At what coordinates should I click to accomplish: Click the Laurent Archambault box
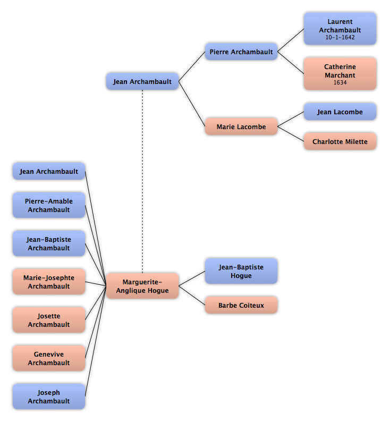(340, 29)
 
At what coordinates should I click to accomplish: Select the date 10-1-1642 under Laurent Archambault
(340, 37)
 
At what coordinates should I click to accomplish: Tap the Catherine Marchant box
(340, 73)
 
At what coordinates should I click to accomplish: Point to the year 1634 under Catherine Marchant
(340, 82)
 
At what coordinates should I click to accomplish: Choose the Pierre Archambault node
(241, 52)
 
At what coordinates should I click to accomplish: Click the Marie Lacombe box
(241, 126)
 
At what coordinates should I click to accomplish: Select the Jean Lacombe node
(340, 112)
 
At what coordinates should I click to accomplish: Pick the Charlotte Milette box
(340, 141)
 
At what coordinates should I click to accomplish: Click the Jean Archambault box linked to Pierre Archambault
(142, 81)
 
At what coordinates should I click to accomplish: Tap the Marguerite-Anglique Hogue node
(142, 286)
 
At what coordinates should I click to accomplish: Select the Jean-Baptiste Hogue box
(241, 271)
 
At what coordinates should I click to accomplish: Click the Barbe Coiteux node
(241, 305)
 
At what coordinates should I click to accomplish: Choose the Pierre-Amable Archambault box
(49, 205)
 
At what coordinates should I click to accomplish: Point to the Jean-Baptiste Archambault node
(49, 243)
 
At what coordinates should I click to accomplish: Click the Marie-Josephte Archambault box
(49, 282)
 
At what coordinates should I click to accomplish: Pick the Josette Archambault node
(49, 320)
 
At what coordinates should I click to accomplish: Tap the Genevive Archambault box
(49, 358)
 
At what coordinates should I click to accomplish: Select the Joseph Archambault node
(49, 396)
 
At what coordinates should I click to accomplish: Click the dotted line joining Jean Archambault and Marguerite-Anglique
(142, 181)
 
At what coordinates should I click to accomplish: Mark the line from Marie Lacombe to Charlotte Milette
(291, 134)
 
